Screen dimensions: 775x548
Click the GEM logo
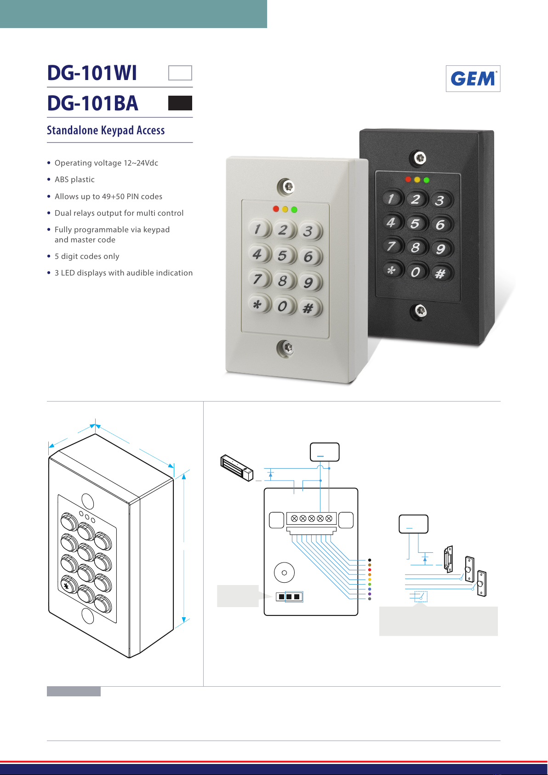point(473,79)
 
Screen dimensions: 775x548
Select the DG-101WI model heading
point(92,73)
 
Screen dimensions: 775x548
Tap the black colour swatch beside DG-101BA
point(180,103)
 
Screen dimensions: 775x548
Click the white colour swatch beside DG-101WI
point(180,73)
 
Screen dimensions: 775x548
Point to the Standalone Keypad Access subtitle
point(106,131)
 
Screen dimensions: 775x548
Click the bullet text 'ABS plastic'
point(74,180)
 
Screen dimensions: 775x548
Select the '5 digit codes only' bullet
point(87,257)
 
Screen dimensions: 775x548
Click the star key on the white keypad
point(257,304)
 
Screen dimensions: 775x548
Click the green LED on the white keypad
point(294,210)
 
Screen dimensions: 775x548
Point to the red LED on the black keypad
point(408,179)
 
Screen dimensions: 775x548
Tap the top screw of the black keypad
point(418,159)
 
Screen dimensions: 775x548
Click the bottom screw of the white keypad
point(286,348)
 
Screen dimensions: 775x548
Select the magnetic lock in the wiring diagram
point(237,468)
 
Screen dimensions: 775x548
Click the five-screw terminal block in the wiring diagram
point(311,518)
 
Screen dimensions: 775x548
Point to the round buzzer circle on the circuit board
point(284,573)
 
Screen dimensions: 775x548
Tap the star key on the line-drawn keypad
point(67,586)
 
